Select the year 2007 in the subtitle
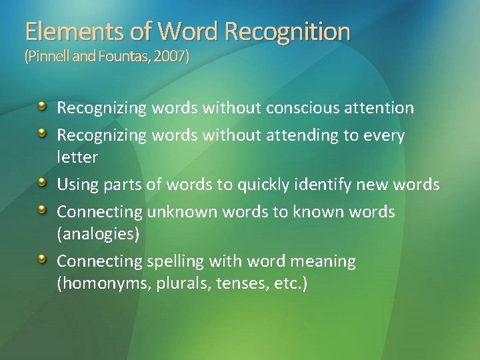tap(173, 57)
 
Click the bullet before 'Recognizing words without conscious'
tap(42, 106)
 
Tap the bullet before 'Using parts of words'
tap(42, 183)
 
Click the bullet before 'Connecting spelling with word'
tap(42, 259)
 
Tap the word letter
tap(77, 157)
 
